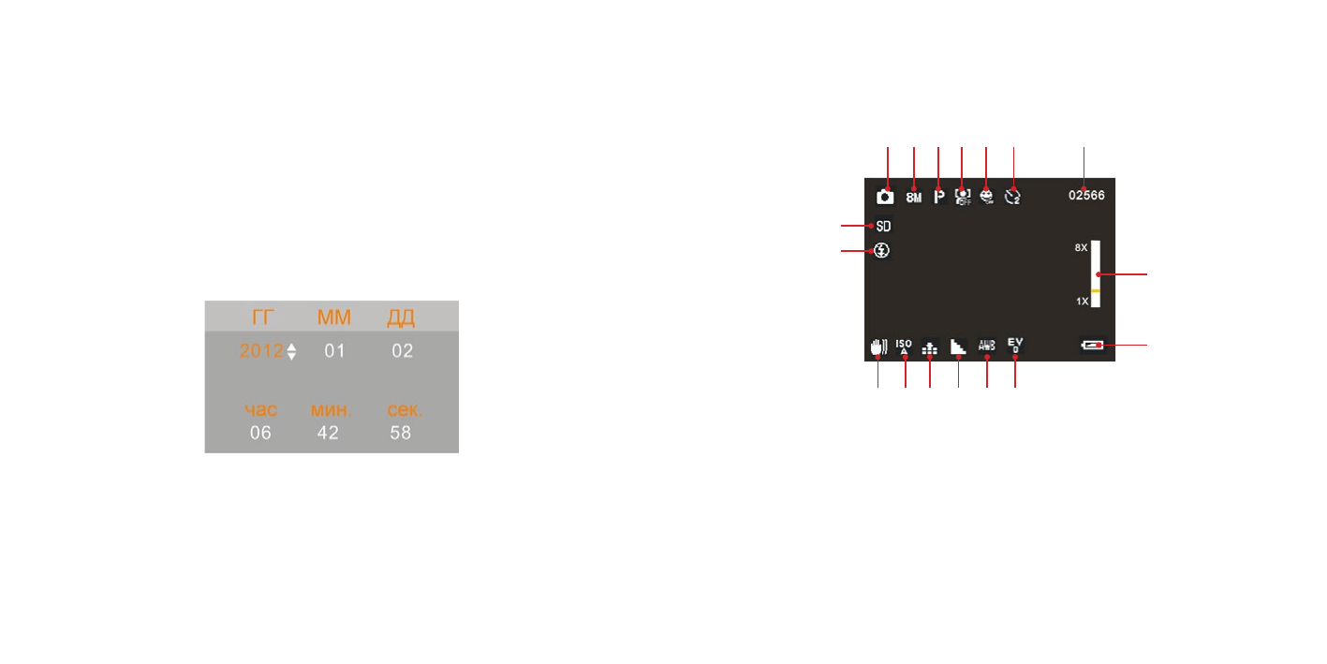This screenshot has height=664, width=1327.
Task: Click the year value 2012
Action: tap(260, 351)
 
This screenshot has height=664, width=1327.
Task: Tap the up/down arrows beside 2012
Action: tap(291, 351)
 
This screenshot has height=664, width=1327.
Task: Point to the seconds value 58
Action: tap(401, 433)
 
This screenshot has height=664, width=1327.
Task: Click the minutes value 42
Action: tap(328, 433)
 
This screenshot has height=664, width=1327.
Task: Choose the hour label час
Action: tap(260, 411)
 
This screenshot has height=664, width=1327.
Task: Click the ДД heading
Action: tap(401, 317)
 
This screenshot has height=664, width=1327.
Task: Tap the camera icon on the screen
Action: tap(884, 197)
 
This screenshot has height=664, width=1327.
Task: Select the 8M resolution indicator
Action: tap(913, 198)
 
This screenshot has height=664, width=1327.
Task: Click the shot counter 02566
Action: tap(1086, 197)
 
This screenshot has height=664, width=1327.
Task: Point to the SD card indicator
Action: tap(883, 226)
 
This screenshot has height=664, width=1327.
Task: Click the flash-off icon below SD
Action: tap(882, 251)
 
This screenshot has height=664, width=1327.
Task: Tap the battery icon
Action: tap(1092, 346)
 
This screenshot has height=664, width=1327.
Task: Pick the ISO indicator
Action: tap(904, 347)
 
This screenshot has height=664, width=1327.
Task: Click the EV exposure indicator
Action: tap(1015, 346)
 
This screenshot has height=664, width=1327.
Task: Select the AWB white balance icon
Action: tap(987, 346)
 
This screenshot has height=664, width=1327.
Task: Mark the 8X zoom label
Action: tap(1082, 247)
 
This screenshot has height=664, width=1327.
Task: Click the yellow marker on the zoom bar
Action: tap(1095, 291)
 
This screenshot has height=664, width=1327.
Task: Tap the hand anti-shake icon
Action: tap(877, 347)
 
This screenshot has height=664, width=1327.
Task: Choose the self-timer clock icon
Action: tap(1011, 198)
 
